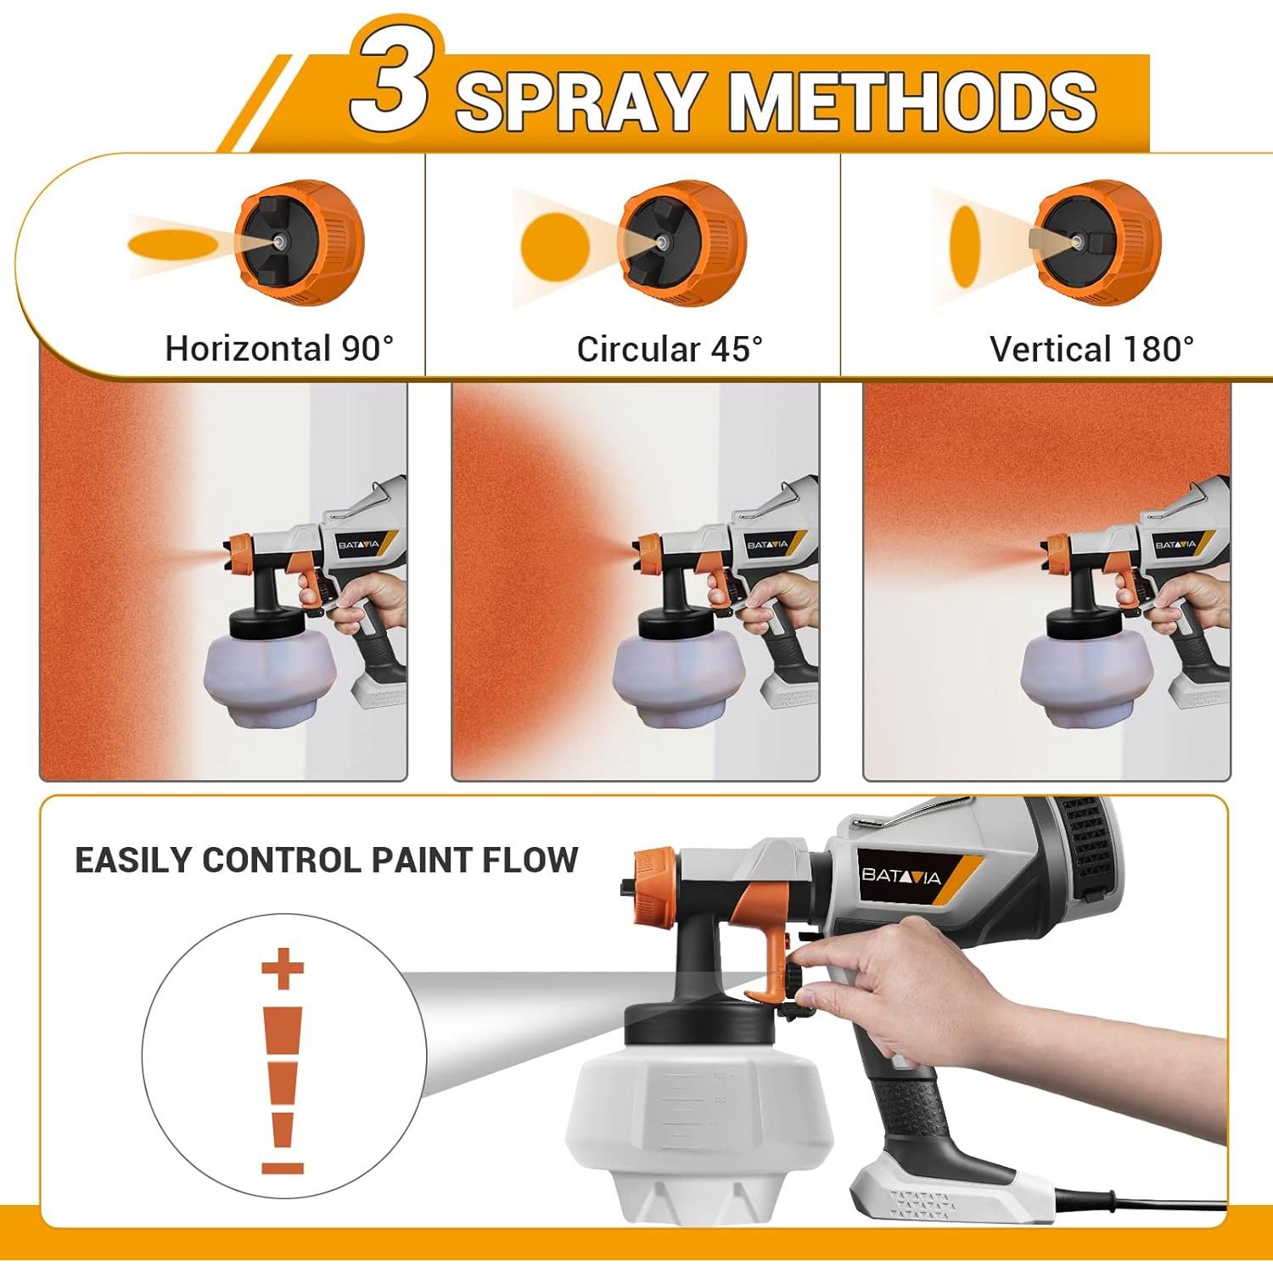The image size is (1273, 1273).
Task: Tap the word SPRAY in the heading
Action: (x=581, y=102)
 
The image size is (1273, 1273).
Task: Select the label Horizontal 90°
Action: (x=279, y=349)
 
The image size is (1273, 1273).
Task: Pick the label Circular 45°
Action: (x=670, y=349)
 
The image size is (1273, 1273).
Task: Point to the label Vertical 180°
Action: (x=1091, y=349)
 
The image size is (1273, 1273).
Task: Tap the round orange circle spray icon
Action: (x=554, y=247)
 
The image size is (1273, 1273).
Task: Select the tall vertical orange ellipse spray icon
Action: (x=965, y=246)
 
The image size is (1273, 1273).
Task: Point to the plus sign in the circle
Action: (x=283, y=968)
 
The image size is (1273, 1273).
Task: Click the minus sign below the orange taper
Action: (x=283, y=1168)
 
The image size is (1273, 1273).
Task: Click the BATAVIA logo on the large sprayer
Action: (x=901, y=875)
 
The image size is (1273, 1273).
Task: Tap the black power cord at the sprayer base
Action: (x=1137, y=1202)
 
